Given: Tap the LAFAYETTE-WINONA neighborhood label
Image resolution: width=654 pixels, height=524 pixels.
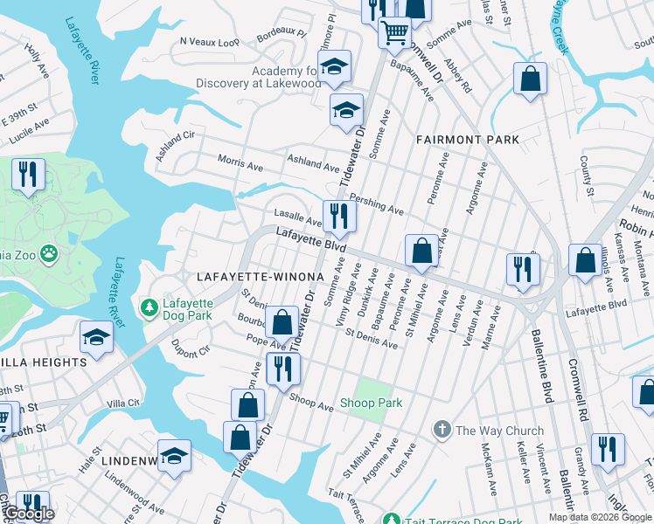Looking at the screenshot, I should pyautogui.click(x=260, y=276).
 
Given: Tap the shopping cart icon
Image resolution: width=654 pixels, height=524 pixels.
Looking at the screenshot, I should pyautogui.click(x=394, y=31).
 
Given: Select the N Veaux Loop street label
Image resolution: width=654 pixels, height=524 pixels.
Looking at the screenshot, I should pyautogui.click(x=209, y=41).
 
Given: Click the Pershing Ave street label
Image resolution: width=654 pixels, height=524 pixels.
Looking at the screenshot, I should pyautogui.click(x=377, y=206).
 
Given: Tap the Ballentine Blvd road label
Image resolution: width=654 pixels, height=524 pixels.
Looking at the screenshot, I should pyautogui.click(x=540, y=367).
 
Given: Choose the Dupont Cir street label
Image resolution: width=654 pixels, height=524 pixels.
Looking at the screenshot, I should pyautogui.click(x=191, y=349).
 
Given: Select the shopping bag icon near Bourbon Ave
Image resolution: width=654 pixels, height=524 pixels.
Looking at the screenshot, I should pyautogui.click(x=282, y=322).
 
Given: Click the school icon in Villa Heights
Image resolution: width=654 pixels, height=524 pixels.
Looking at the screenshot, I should pyautogui.click(x=96, y=336).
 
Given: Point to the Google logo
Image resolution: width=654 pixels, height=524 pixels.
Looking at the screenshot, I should pyautogui.click(x=29, y=514).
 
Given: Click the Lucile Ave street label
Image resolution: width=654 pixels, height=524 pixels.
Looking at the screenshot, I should pyautogui.click(x=29, y=132).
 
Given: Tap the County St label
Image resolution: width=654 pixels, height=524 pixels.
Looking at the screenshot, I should pyautogui.click(x=587, y=176).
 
